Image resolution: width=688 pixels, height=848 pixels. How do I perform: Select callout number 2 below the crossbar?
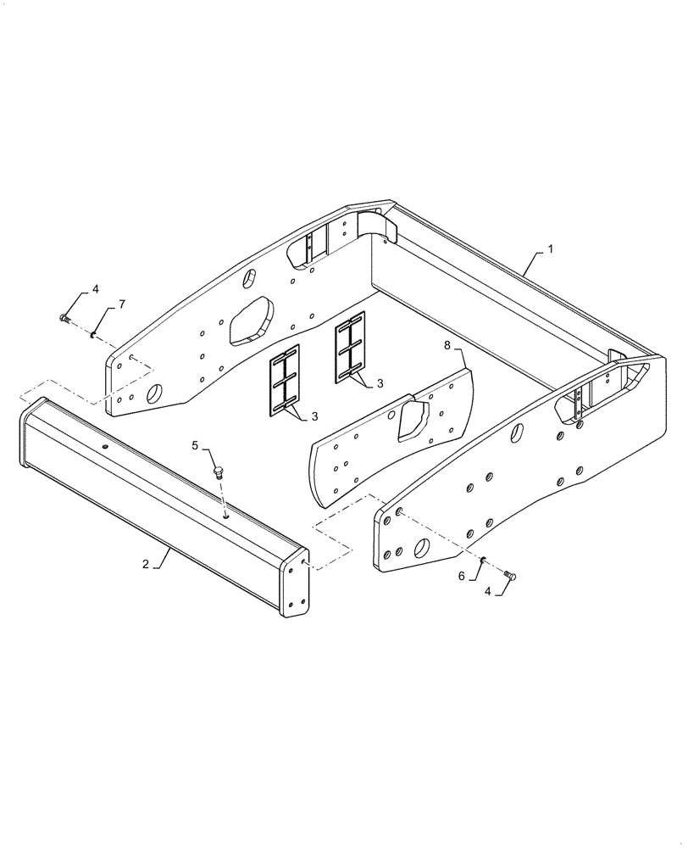(x=145, y=564)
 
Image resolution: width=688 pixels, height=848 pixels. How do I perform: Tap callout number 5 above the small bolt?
(x=194, y=445)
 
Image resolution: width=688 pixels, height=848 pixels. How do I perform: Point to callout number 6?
(x=462, y=576)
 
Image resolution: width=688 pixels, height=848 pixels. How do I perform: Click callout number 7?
(x=121, y=304)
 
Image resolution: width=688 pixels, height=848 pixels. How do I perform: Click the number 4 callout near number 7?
(x=95, y=289)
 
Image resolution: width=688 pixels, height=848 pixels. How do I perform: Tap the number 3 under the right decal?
(x=380, y=383)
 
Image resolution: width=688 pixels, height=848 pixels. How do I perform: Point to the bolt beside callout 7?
(x=66, y=319)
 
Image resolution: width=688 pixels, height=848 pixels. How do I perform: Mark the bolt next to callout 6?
(x=510, y=576)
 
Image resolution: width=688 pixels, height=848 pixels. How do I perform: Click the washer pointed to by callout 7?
(x=91, y=332)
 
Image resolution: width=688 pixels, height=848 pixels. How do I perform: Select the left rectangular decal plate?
(x=285, y=381)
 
